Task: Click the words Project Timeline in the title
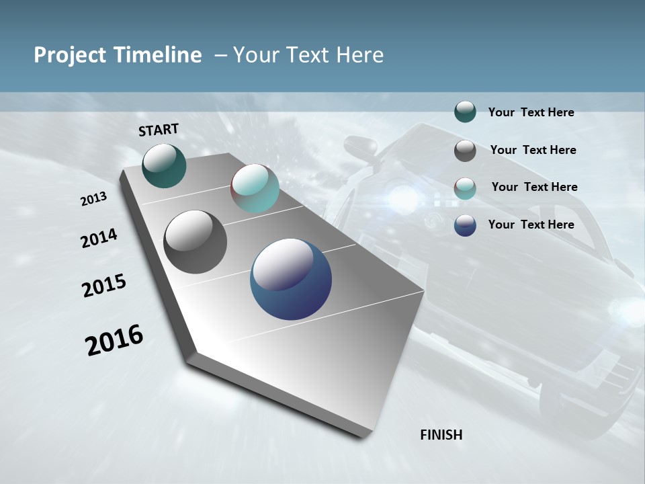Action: [x=118, y=55]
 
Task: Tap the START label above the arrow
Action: [x=159, y=130]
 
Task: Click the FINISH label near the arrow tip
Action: [x=441, y=435]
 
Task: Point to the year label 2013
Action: [x=93, y=199]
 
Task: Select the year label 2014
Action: [x=99, y=239]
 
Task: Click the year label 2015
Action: [x=104, y=286]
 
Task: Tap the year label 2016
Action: [x=114, y=340]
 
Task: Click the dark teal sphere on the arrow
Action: [x=164, y=165]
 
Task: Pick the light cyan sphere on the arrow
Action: [x=255, y=188]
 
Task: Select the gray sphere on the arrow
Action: [x=195, y=242]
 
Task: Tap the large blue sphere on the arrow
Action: [x=291, y=279]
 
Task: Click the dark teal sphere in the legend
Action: [x=465, y=112]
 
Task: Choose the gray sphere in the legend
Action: [x=465, y=151]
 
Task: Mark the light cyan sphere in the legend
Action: [x=465, y=188]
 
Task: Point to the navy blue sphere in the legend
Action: [x=465, y=225]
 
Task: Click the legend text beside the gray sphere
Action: [x=533, y=150]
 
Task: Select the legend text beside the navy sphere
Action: [x=531, y=225]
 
